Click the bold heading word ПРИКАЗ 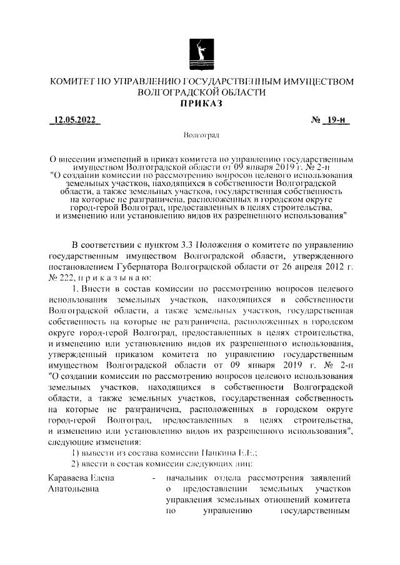pyautogui.click(x=201, y=104)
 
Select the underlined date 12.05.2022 pyautogui.click(x=73, y=120)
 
